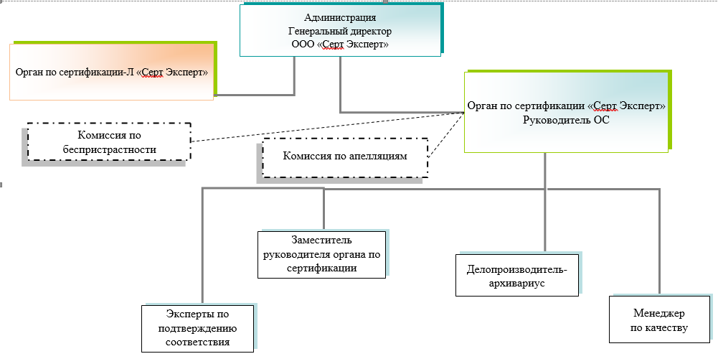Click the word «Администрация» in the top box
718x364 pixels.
coord(340,18)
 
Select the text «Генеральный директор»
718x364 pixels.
coord(340,31)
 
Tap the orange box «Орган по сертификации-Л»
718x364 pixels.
coord(112,73)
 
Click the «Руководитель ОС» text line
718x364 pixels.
coord(567,120)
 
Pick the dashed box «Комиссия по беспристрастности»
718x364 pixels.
coord(109,142)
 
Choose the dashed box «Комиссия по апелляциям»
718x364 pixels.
coord(345,157)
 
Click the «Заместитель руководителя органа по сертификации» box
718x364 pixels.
coord(321,254)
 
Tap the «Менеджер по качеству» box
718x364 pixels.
coord(659,320)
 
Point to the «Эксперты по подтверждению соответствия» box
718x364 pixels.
coord(198,328)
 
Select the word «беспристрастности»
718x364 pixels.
coord(109,149)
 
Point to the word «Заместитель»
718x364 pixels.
coord(321,240)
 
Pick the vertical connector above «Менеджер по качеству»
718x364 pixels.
coord(659,241)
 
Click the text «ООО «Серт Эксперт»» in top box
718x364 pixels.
coord(340,44)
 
